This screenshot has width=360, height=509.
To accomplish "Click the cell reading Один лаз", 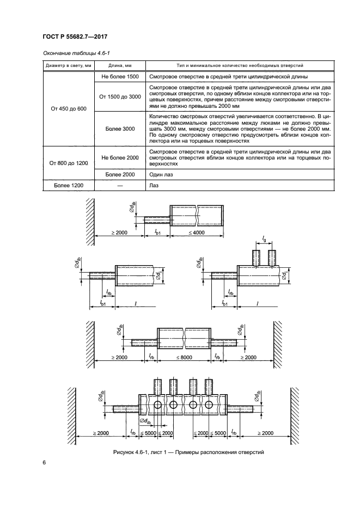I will tap(161, 174).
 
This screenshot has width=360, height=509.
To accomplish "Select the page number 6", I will tap(44, 463).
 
